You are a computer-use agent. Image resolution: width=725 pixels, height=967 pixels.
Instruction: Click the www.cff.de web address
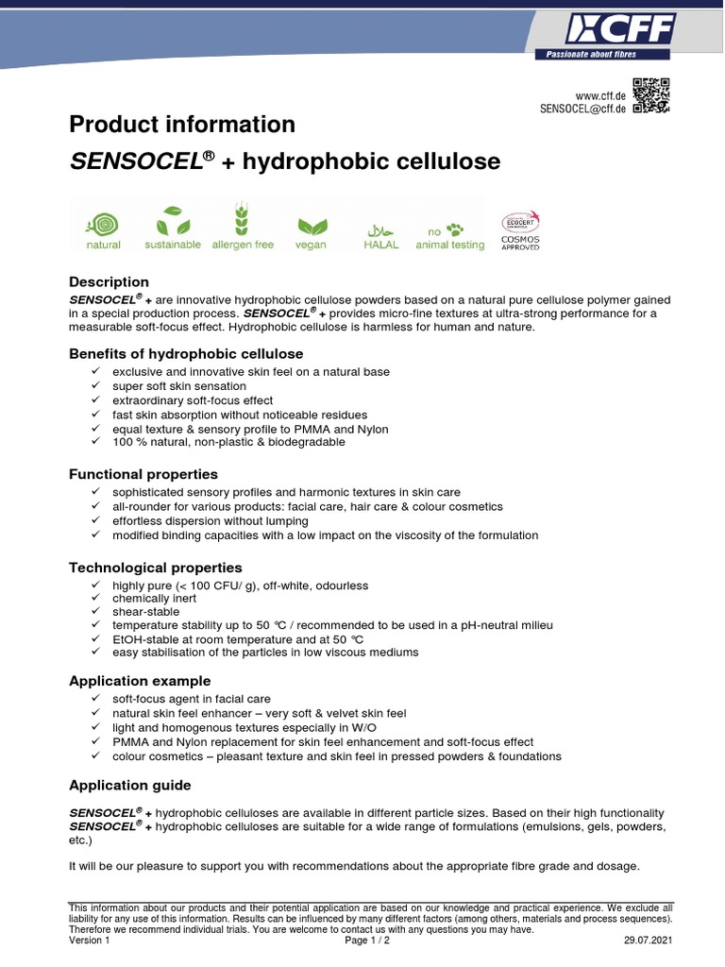(601, 95)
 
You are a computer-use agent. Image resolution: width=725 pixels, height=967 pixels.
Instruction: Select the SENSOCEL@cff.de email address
(582, 109)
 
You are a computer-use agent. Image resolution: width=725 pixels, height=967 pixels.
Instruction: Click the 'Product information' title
(182, 125)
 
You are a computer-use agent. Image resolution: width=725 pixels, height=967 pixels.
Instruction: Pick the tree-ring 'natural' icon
(103, 224)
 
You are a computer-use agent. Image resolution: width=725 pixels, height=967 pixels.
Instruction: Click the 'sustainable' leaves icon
(173, 222)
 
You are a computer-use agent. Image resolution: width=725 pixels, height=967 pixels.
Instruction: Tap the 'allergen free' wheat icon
(243, 222)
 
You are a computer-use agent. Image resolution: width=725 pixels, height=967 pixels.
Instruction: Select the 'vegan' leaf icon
(311, 227)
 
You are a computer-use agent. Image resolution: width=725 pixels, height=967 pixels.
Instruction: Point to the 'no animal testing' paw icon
(450, 229)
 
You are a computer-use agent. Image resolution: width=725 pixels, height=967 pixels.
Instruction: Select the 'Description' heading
(109, 281)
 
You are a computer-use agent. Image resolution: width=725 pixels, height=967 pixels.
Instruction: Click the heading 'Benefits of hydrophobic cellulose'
(186, 354)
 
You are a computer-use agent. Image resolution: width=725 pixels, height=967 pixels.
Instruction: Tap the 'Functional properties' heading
(143, 474)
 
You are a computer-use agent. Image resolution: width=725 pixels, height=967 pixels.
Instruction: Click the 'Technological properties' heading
(156, 568)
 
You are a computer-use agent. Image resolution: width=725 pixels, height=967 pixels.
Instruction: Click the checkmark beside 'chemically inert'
(96, 599)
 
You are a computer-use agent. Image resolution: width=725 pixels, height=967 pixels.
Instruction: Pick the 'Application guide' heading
(130, 786)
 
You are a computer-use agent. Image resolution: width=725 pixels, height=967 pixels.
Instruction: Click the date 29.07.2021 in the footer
(649, 941)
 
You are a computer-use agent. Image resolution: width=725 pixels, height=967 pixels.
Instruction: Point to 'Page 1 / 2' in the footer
(367, 941)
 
